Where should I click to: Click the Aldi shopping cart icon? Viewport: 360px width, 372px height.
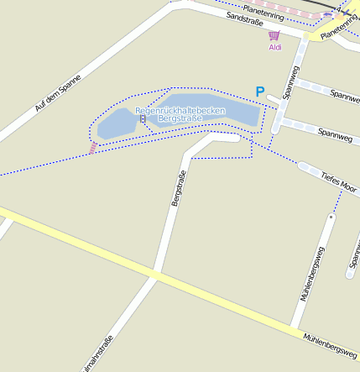(274, 35)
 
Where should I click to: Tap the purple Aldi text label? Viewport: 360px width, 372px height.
(274, 47)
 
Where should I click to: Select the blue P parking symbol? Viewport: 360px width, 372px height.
(260, 92)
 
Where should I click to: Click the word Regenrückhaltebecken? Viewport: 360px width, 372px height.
(180, 110)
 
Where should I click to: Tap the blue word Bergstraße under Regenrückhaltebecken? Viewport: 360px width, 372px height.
(180, 119)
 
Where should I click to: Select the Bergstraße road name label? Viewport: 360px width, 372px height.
(178, 188)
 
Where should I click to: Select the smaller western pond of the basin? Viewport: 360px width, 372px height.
(115, 125)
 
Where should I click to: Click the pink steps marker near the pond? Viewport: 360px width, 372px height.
(93, 148)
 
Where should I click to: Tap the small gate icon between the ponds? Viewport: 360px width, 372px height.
(143, 119)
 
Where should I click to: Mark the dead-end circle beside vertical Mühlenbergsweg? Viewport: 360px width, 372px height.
(331, 217)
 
